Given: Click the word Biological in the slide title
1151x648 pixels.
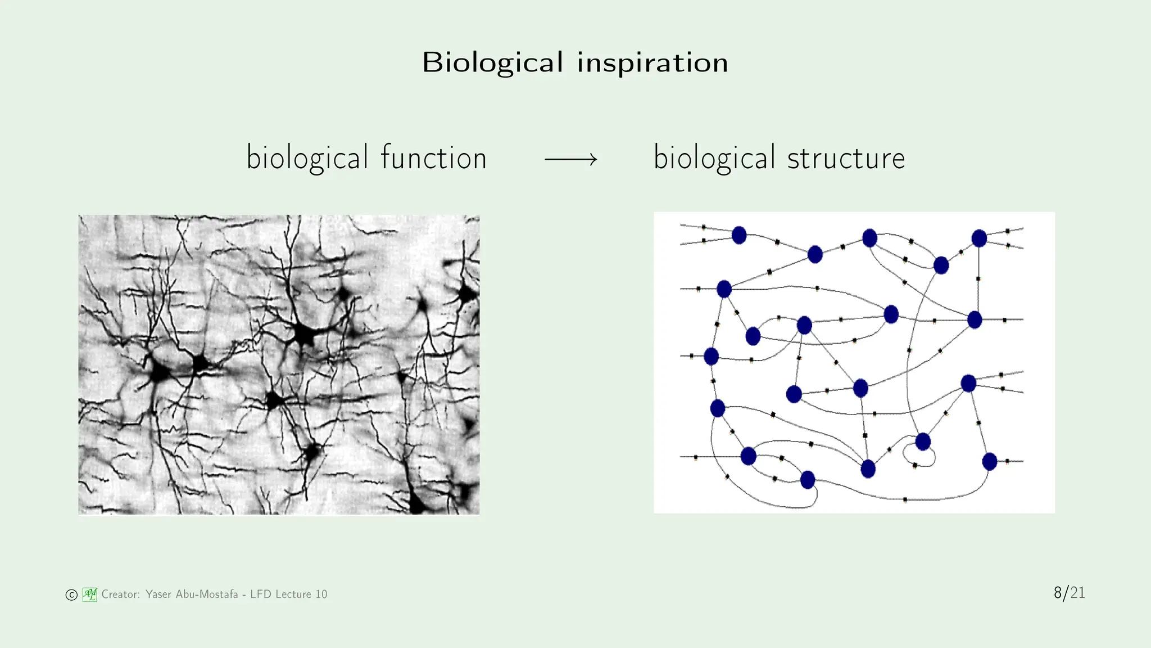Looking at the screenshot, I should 492,62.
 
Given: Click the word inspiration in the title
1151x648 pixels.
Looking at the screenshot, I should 652,62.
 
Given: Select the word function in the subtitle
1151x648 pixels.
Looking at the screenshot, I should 433,157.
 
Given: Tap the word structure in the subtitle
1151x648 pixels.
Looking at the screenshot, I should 846,157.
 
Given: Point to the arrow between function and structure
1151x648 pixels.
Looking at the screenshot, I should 570,160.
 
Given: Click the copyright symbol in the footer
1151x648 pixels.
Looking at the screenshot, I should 71,595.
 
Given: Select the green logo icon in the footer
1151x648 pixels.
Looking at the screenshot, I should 90,594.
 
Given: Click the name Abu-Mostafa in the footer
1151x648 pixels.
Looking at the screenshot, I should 206,594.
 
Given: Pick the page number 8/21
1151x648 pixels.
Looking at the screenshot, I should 1069,593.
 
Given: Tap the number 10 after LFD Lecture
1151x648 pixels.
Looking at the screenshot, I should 321,594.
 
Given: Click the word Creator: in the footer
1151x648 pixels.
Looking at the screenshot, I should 120,594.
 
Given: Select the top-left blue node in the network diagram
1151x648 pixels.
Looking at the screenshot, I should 739,235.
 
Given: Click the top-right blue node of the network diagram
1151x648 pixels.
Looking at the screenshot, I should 979,238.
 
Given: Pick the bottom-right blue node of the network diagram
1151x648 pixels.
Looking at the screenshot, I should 989,462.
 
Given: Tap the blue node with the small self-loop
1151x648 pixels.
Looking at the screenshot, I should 923,442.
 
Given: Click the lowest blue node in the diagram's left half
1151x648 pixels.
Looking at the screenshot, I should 808,480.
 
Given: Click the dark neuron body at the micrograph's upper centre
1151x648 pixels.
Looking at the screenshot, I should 304,335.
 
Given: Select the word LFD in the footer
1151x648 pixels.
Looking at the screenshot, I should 261,594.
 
